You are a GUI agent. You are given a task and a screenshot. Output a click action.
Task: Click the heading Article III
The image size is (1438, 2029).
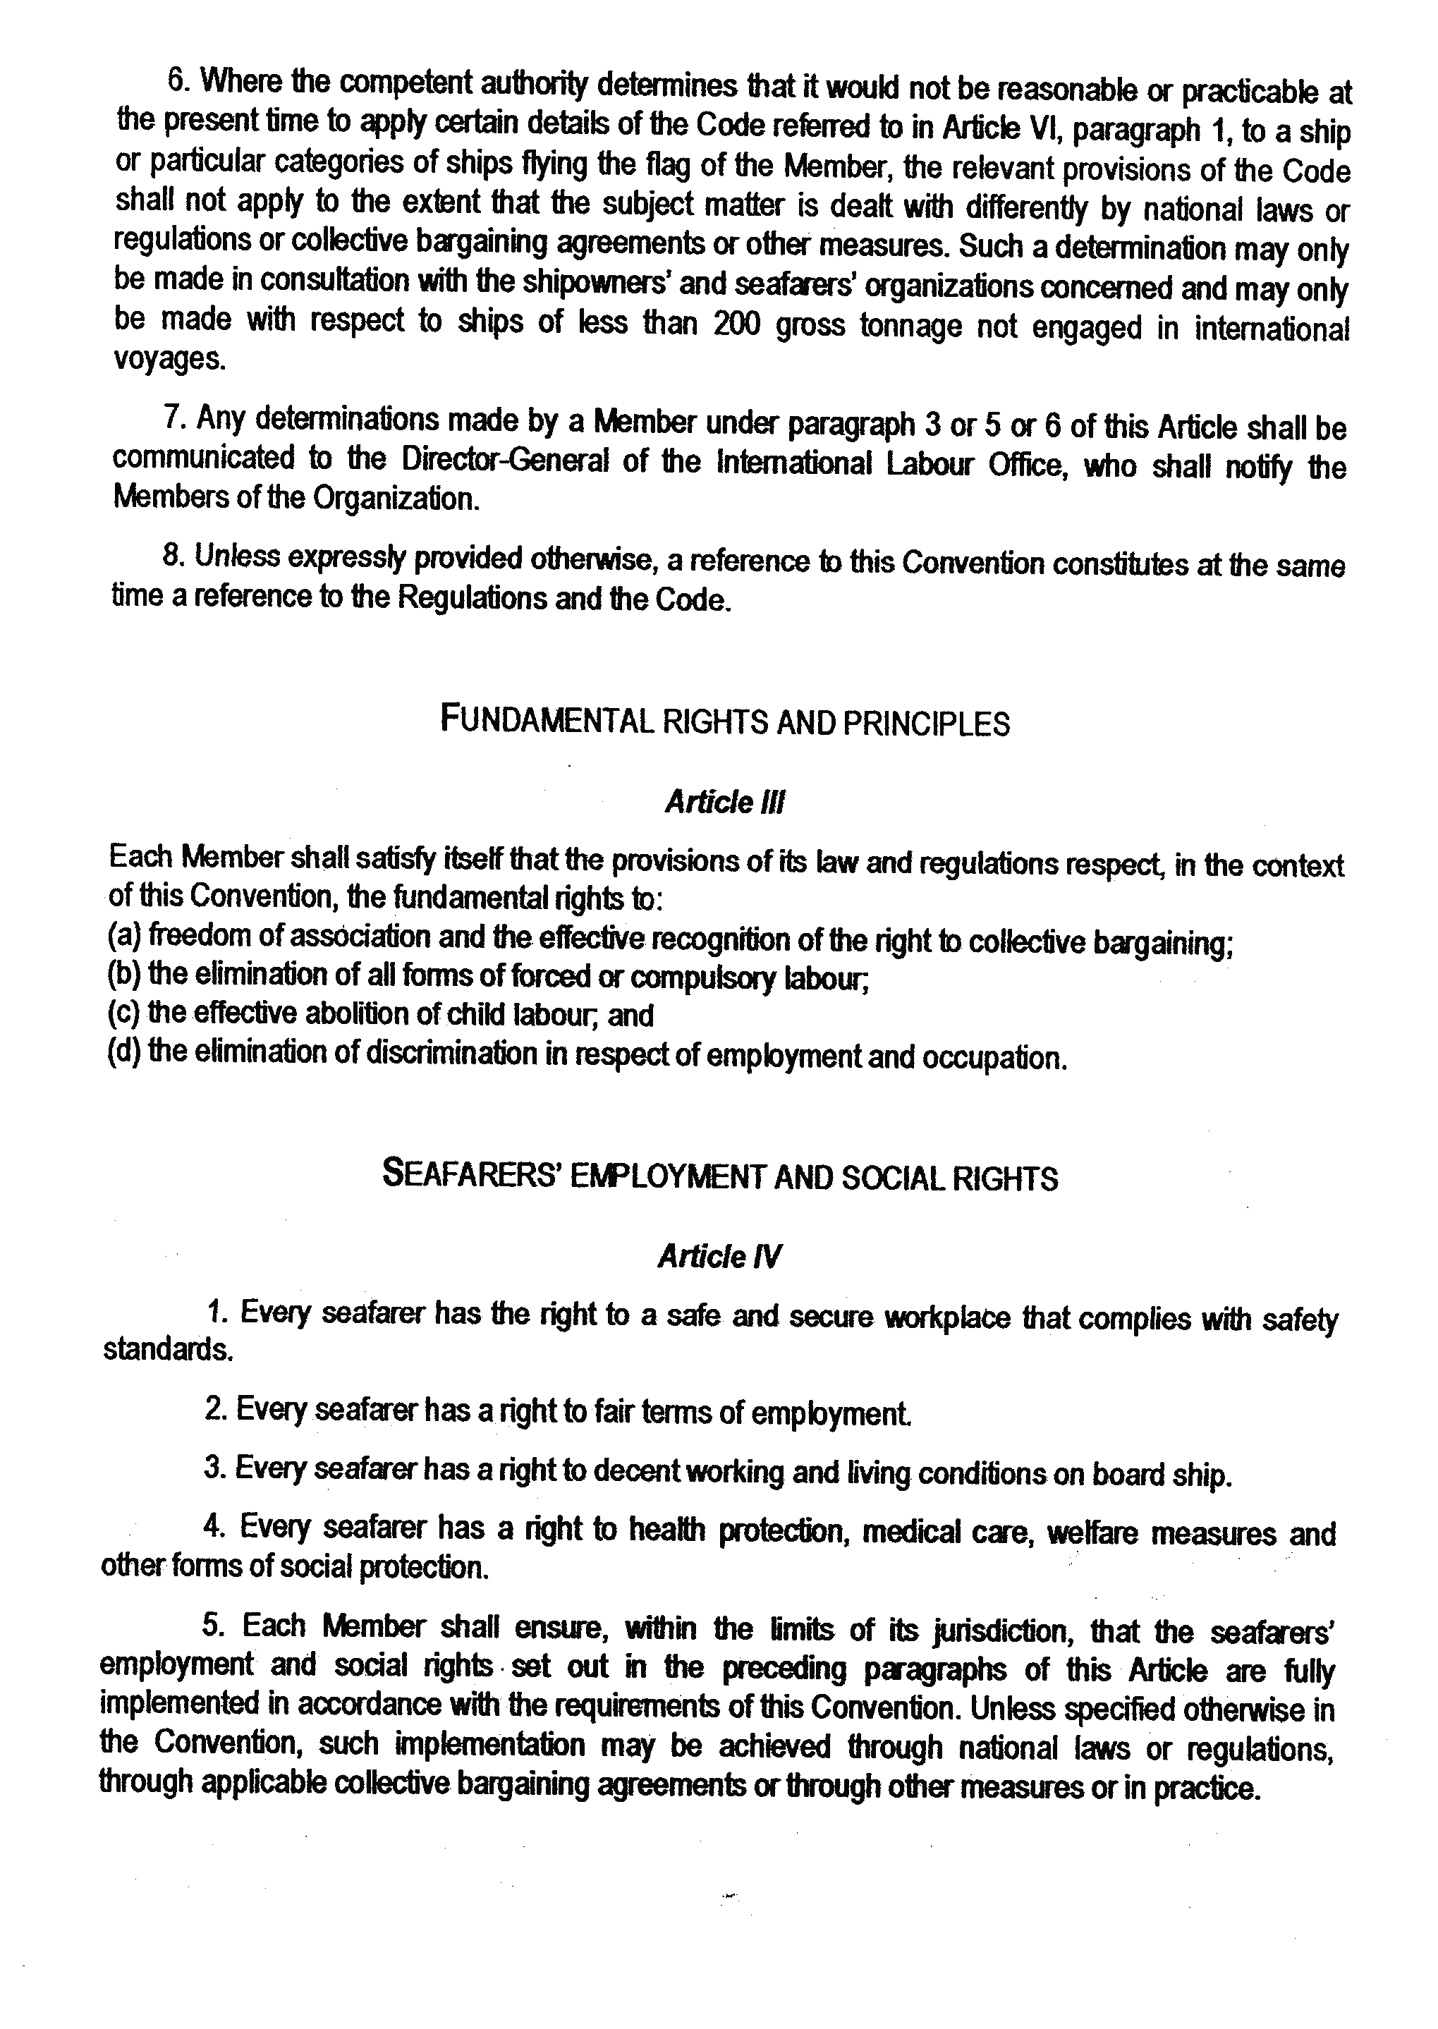click(x=724, y=803)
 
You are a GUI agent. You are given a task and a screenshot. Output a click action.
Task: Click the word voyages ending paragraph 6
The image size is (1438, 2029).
click(x=169, y=360)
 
